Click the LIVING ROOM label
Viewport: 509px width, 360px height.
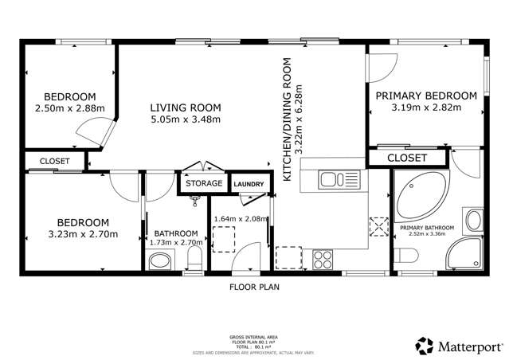tap(186, 108)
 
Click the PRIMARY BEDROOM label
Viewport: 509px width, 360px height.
tap(426, 96)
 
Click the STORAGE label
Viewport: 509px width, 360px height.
tap(204, 183)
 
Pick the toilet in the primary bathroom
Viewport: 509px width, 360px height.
tap(407, 256)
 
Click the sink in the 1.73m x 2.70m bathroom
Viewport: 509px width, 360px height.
tap(160, 260)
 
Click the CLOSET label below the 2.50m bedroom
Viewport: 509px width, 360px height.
tap(54, 161)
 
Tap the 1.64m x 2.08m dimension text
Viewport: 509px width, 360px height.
tap(241, 218)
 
